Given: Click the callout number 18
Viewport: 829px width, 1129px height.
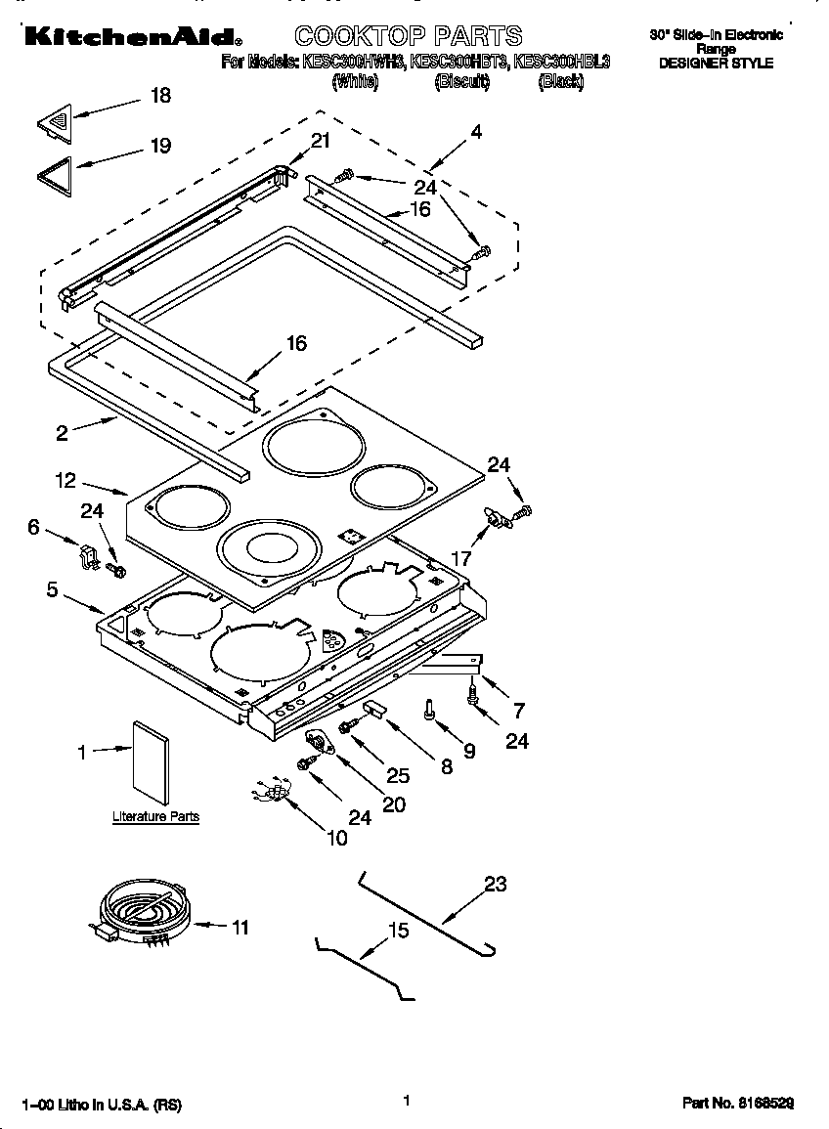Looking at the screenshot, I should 159,95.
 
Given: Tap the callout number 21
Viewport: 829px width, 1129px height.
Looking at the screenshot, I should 321,141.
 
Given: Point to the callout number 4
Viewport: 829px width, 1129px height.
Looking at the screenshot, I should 475,132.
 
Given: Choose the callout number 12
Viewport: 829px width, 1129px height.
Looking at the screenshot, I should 65,480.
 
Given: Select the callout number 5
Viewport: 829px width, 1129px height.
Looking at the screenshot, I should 52,589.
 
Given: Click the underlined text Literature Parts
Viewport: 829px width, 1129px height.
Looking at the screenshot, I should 155,816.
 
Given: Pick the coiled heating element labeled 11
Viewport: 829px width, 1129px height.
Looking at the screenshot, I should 138,910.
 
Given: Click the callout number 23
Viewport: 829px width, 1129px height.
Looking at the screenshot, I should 496,884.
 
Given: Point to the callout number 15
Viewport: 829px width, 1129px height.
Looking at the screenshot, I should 398,931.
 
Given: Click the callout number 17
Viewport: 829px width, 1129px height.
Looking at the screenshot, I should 460,558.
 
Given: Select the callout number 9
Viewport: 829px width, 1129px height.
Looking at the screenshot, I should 468,751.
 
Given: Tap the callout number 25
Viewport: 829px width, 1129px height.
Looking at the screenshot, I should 397,775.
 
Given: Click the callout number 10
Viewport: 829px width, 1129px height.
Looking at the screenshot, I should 336,838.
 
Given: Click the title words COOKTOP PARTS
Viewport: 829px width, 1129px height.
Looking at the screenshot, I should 408,37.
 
